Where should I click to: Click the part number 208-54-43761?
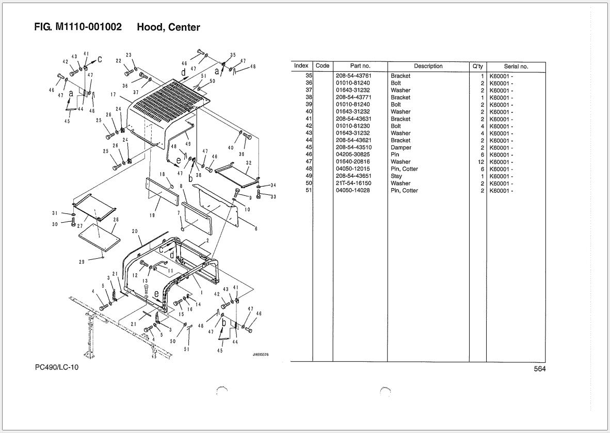(354, 76)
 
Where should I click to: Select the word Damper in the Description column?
(401, 147)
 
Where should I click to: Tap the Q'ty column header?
(477, 66)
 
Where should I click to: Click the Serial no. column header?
(516, 66)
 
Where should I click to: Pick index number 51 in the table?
(309, 191)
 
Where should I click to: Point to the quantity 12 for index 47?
(480, 162)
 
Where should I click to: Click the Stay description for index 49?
(396, 176)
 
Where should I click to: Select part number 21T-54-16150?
(354, 184)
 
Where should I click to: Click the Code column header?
(323, 66)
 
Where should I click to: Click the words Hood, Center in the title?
(168, 27)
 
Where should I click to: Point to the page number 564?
(539, 369)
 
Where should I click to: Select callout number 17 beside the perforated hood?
(113, 95)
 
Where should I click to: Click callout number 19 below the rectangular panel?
(152, 215)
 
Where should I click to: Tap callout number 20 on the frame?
(135, 231)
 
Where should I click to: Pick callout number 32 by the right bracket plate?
(249, 163)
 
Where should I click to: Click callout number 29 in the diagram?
(82, 262)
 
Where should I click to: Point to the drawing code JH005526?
(261, 355)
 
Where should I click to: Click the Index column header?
(301, 66)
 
